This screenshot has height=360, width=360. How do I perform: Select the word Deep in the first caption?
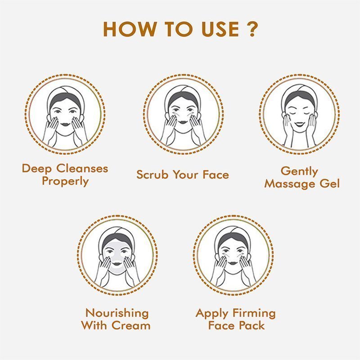pos(37,169)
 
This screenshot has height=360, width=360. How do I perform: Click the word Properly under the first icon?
pos(65,181)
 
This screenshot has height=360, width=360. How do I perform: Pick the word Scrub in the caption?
pos(153,175)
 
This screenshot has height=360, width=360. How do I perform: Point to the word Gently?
pos(299,171)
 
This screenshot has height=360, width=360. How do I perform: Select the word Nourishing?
pos(117,313)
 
